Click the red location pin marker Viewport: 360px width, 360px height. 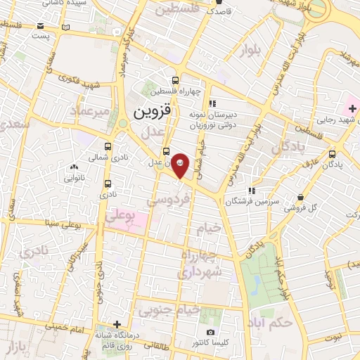180,165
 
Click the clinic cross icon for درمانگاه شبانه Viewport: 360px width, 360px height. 117,324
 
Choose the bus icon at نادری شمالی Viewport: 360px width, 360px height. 107,147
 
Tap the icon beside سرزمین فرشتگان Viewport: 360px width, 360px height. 251,191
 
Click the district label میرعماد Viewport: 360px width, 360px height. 91,110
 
